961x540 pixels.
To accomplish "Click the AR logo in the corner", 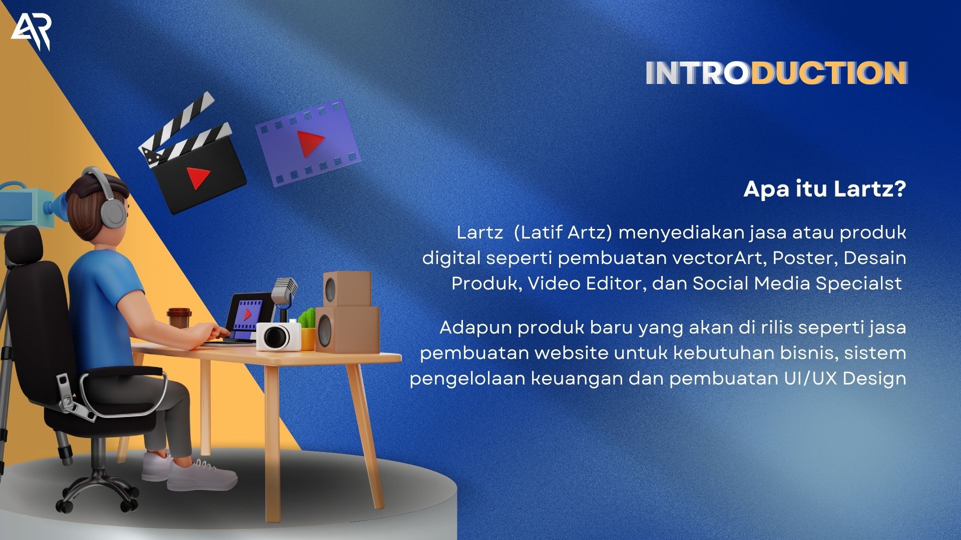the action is point(31,32).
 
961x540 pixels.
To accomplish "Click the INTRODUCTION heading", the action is point(776,73).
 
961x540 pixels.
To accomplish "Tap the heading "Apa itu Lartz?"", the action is point(825,188).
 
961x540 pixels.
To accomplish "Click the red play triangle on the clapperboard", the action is point(198,177).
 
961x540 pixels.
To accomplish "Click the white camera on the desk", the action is point(278,335).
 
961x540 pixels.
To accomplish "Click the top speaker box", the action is point(347,289).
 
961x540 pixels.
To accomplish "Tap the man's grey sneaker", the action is point(201,475).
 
